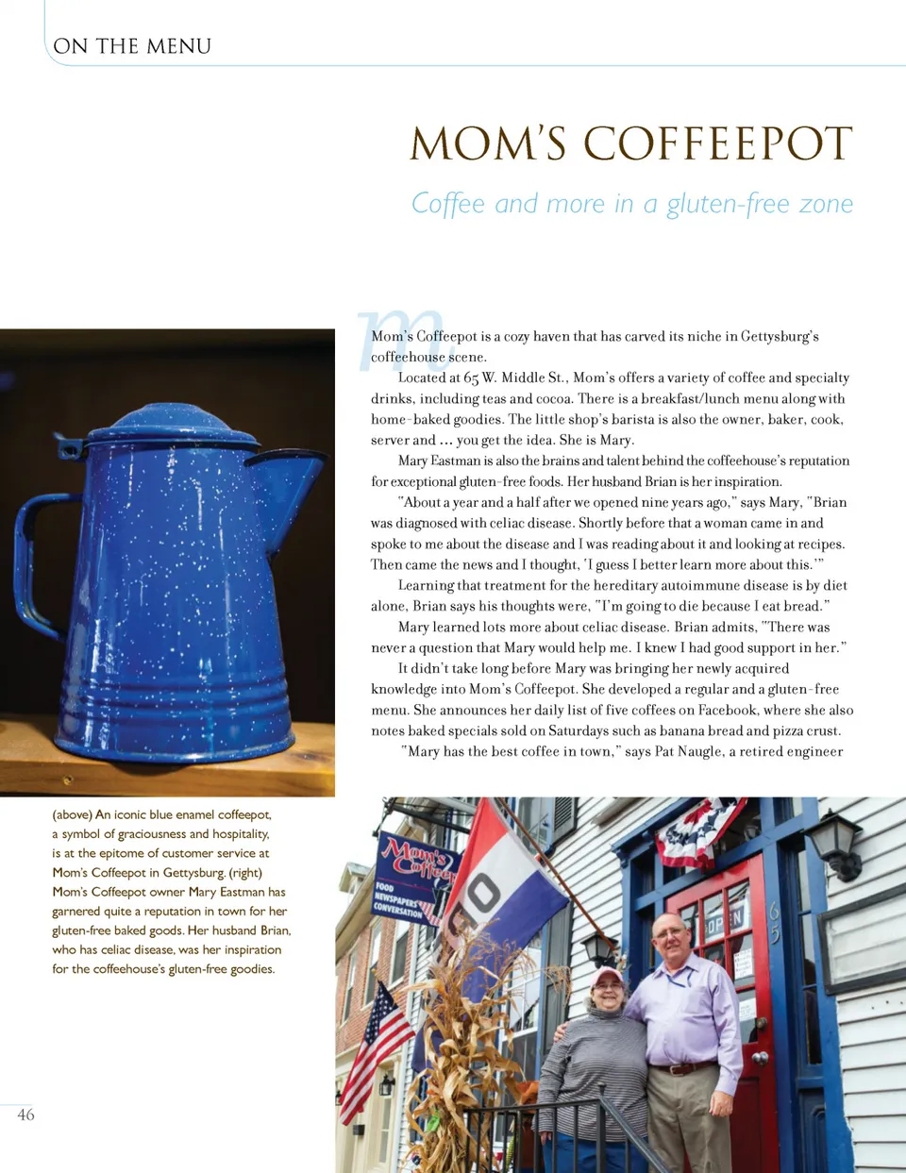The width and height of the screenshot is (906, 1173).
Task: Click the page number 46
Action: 25,1114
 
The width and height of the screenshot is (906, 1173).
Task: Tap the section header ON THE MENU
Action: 132,45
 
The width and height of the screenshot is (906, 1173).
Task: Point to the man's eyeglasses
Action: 670,933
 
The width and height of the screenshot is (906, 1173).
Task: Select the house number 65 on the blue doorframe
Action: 774,922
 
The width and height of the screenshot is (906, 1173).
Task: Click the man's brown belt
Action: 680,1069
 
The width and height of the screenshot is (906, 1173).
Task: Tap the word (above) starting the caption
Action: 71,814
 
